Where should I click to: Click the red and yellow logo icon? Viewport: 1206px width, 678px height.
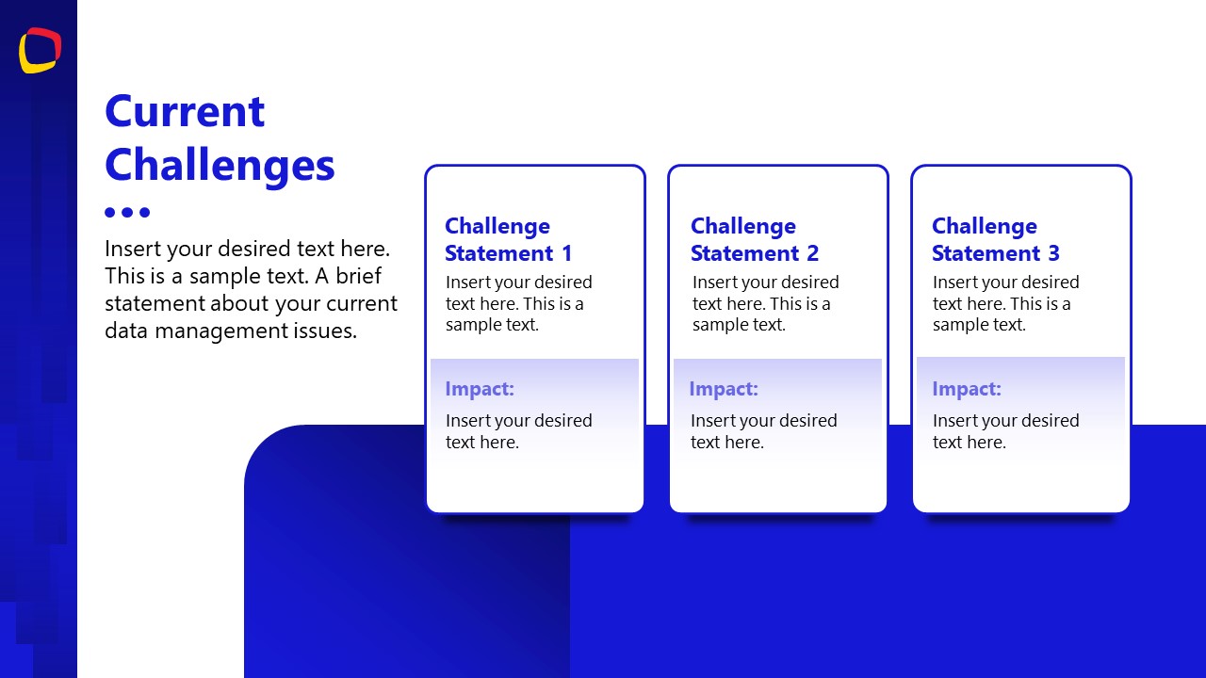[40, 50]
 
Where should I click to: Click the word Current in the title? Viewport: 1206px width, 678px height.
[185, 111]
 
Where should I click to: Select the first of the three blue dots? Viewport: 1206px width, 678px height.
[110, 212]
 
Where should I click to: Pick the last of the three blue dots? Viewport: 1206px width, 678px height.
[144, 212]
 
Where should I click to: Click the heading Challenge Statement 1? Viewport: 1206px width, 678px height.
[508, 239]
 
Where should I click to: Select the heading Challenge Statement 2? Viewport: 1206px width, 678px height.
[754, 239]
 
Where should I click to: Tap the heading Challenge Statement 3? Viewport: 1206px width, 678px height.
[995, 239]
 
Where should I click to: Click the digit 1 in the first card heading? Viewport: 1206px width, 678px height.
[566, 253]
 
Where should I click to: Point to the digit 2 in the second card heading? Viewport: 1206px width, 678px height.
[812, 253]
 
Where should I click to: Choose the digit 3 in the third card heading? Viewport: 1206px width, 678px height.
[1053, 253]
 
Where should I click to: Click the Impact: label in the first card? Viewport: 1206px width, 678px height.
[480, 389]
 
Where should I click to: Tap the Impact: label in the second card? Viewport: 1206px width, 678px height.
[724, 389]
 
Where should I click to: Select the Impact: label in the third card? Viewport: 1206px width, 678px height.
[967, 389]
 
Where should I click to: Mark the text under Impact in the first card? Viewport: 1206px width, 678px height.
[518, 431]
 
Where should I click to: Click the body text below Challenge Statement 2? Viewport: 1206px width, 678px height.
[764, 303]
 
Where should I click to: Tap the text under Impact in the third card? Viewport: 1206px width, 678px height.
[1005, 431]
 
